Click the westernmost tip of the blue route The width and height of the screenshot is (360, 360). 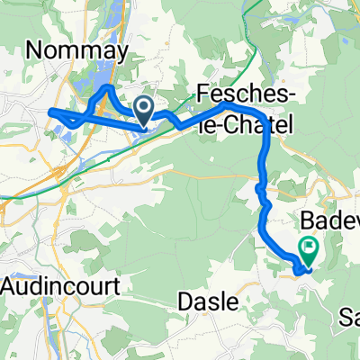(50, 112)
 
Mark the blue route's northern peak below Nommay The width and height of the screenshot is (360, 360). (107, 89)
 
